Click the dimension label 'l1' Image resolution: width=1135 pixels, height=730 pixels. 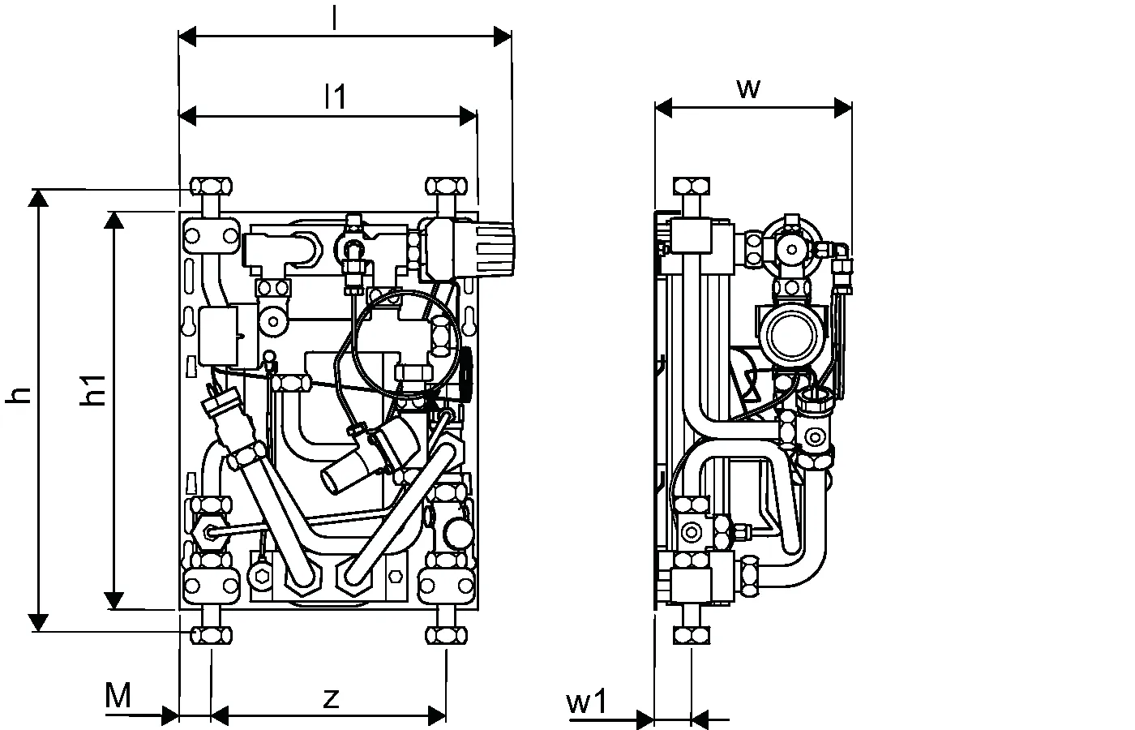coord(334,97)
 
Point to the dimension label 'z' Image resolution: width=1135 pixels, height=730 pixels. coord(330,697)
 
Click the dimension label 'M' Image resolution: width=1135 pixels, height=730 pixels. coord(118,695)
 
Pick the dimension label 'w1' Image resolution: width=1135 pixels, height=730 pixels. coord(586,702)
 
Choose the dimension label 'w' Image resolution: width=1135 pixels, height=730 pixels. coord(748,88)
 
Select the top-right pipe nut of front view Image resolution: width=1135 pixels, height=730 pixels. coord(445,187)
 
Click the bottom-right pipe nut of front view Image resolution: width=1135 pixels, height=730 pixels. coord(445,634)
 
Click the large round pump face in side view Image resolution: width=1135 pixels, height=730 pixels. coord(790,333)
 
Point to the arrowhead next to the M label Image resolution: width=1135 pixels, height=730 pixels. coord(170,715)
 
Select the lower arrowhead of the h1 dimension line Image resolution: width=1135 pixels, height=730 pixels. coord(115,599)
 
